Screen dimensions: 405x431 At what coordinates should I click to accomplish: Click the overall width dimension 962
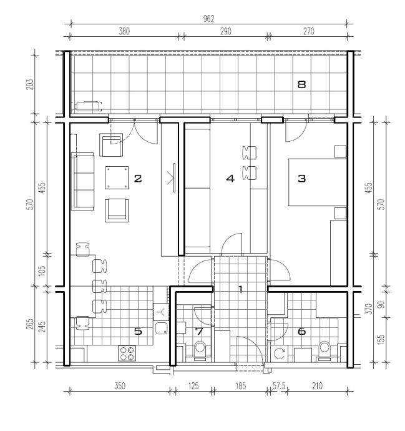click(208, 19)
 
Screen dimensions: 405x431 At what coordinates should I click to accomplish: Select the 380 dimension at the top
click(124, 31)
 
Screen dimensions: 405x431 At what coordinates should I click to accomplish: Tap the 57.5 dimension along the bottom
click(279, 386)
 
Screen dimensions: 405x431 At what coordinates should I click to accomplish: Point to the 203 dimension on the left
click(30, 84)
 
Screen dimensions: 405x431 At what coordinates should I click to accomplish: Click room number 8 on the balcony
click(302, 84)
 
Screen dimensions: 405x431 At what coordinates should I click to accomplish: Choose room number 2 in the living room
click(138, 179)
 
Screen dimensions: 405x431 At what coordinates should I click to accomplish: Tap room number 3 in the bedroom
click(302, 179)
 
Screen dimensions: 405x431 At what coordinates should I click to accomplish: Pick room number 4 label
click(230, 179)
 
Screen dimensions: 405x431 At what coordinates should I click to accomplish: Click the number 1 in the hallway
click(240, 289)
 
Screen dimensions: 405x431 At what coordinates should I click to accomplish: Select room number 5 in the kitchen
click(138, 332)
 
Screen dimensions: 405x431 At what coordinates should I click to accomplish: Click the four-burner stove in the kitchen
click(127, 353)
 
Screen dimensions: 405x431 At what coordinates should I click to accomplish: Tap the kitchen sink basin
click(162, 328)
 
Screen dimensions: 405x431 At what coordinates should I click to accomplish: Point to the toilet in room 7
click(200, 351)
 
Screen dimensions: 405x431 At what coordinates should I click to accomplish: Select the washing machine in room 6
click(280, 354)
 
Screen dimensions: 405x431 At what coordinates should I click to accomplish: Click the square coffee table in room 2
click(117, 177)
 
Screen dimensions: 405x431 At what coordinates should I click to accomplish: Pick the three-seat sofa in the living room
click(82, 181)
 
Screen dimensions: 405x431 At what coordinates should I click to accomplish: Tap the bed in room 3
click(318, 182)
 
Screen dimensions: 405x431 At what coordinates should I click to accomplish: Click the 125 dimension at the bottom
click(193, 386)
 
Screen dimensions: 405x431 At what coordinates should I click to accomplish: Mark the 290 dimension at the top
click(225, 31)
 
